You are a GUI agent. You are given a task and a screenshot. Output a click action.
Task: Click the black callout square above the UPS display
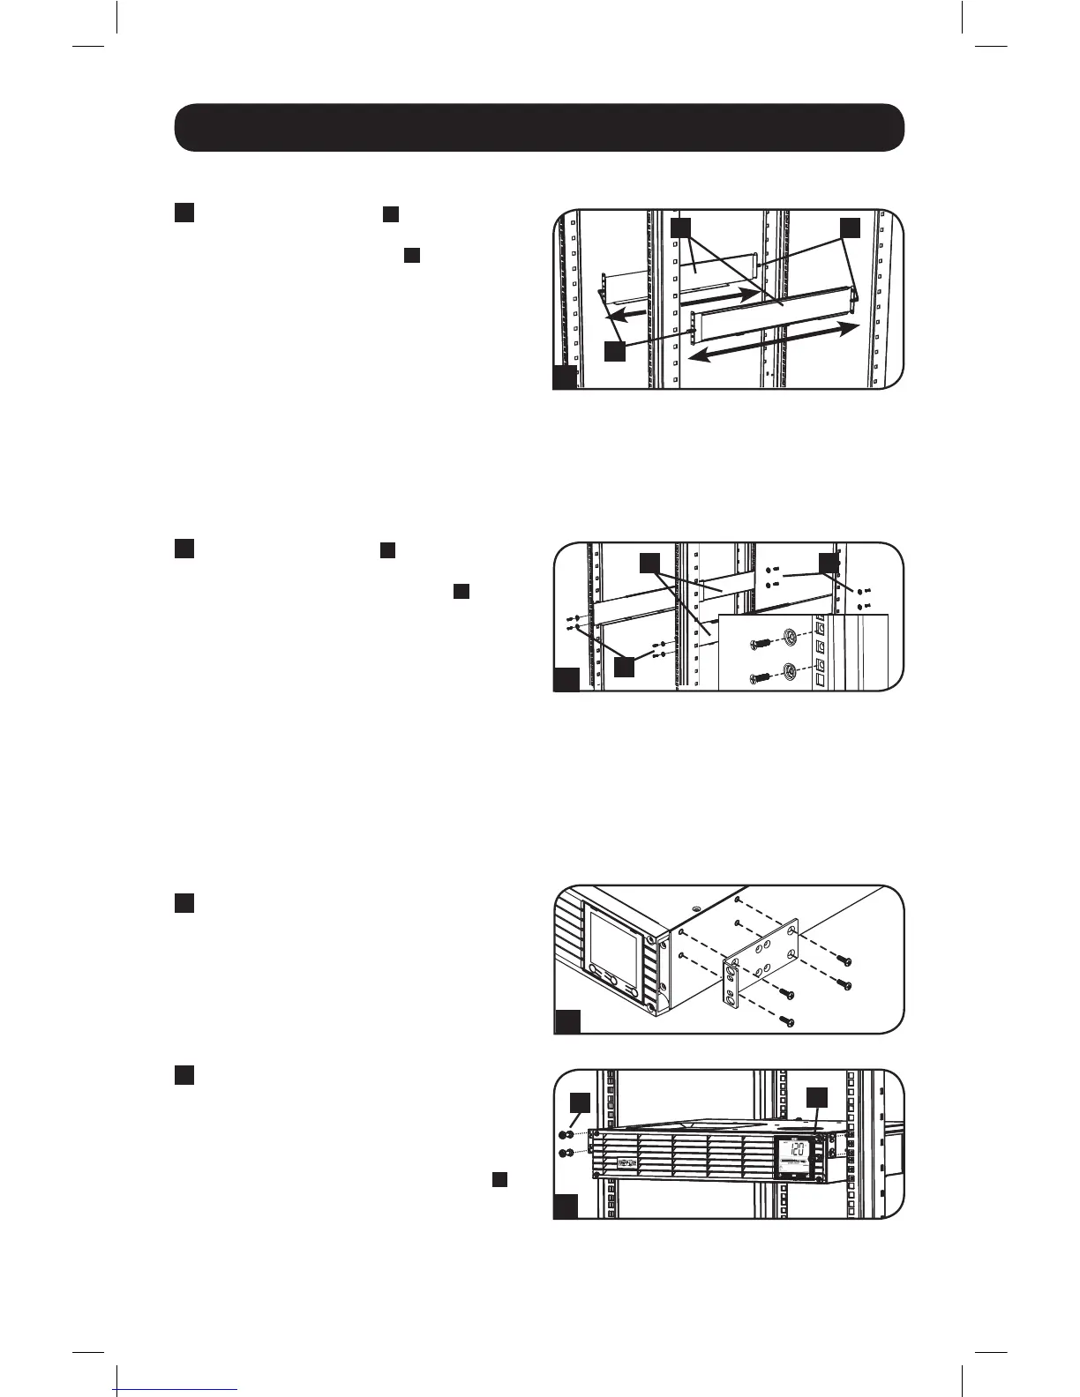(817, 1096)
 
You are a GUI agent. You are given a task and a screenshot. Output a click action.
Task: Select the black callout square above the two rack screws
(579, 1102)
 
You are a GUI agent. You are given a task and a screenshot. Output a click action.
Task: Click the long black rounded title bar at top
(539, 128)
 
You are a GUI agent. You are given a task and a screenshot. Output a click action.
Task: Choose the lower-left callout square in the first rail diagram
(614, 350)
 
